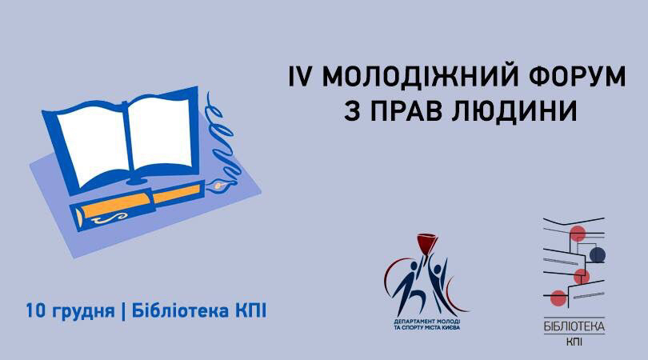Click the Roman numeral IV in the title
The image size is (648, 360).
click(298, 77)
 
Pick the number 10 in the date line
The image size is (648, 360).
click(35, 311)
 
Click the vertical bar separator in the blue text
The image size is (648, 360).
click(122, 312)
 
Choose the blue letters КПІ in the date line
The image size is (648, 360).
click(251, 311)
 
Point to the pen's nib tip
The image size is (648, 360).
click(232, 182)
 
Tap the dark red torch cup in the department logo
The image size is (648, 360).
click(427, 242)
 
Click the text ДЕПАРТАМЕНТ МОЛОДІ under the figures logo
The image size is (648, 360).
click(427, 321)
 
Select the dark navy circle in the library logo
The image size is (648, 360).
click(597, 255)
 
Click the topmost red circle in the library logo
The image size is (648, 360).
click(578, 234)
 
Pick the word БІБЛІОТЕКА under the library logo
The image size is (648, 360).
click(574, 326)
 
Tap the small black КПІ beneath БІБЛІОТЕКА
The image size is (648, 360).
click(574, 342)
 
